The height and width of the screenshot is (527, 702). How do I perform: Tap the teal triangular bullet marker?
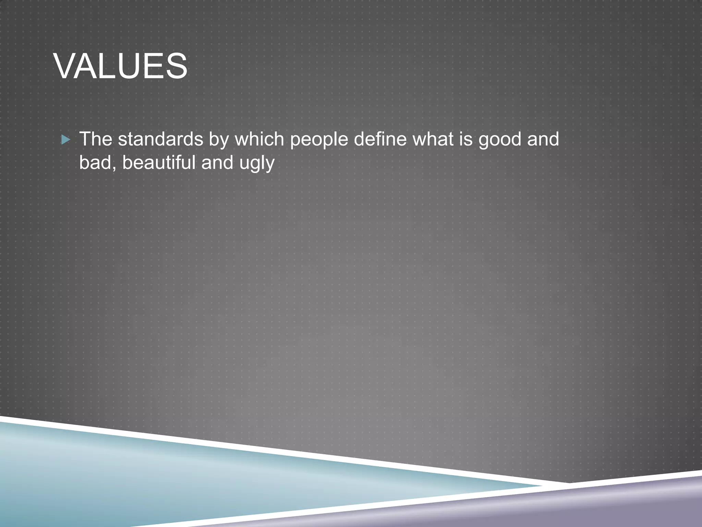65,140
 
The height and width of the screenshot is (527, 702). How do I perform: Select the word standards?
160,139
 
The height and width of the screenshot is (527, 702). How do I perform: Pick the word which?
259,139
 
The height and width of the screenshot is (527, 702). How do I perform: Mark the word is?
465,139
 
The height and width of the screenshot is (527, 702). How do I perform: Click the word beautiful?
159,162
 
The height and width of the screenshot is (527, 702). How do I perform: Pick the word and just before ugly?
217,162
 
